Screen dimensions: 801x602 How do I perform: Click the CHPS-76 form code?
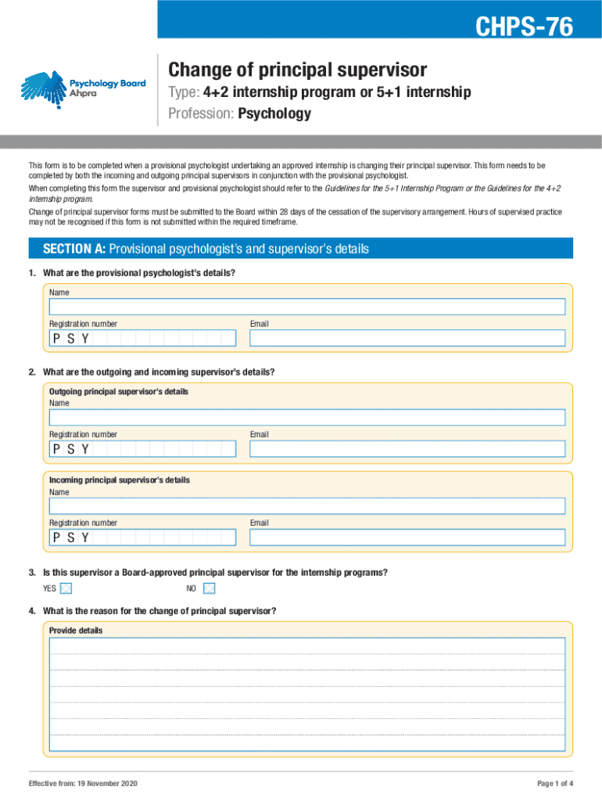(x=525, y=28)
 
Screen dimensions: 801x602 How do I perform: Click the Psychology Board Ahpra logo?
(x=83, y=88)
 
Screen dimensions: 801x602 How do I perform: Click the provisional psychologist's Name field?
(x=306, y=307)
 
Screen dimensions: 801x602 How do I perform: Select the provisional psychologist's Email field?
(x=407, y=338)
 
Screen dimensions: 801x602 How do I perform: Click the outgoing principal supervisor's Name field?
(x=306, y=417)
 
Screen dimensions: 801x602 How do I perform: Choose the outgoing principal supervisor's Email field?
(x=407, y=448)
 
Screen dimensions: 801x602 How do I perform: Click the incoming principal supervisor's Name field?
(x=306, y=506)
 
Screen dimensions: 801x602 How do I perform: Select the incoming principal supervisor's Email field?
(x=407, y=537)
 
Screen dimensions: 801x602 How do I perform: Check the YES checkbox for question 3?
(x=66, y=588)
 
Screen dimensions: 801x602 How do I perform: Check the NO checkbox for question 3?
(x=209, y=588)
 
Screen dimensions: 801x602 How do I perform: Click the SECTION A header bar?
(x=300, y=249)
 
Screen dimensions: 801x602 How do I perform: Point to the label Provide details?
(x=76, y=630)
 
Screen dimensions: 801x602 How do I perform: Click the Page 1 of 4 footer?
(x=555, y=784)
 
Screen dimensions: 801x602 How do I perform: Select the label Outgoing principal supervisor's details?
(x=119, y=391)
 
